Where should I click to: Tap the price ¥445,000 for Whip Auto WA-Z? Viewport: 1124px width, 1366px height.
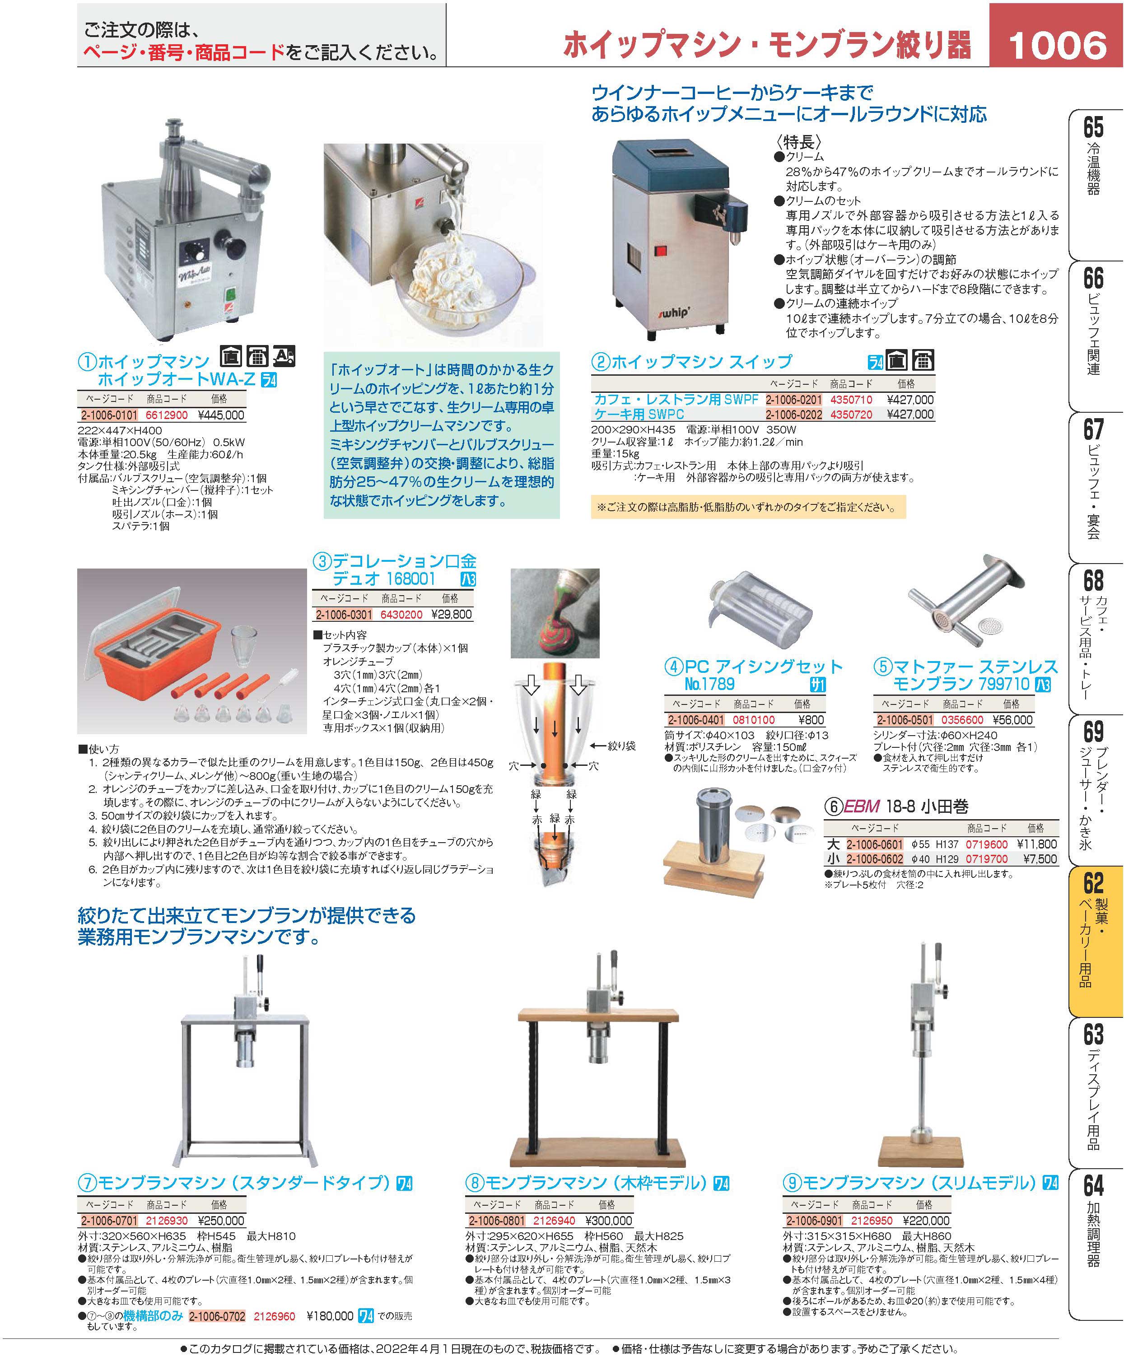click(x=221, y=415)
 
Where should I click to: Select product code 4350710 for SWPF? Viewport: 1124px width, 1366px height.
click(x=851, y=400)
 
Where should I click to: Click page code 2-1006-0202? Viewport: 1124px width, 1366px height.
click(x=794, y=415)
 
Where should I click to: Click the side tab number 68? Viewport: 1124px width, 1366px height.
click(x=1093, y=579)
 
